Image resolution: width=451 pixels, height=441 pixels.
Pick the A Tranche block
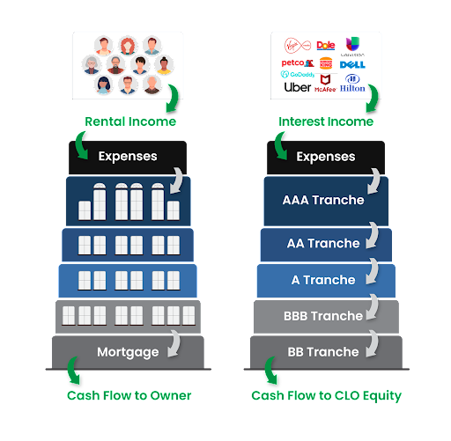click(323, 280)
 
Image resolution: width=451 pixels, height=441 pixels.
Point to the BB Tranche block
click(323, 352)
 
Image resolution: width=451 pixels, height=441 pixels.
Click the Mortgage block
click(128, 352)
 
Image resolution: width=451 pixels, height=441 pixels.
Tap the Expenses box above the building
click(128, 157)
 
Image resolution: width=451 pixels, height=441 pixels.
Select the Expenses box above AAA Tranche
click(325, 157)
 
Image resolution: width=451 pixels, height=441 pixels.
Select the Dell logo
click(352, 63)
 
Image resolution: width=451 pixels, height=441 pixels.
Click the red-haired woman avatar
click(128, 45)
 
